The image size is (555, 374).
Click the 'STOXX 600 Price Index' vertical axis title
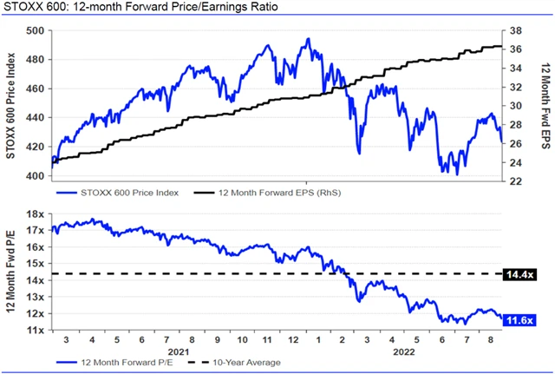point(11,104)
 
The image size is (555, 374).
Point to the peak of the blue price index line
point(309,39)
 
